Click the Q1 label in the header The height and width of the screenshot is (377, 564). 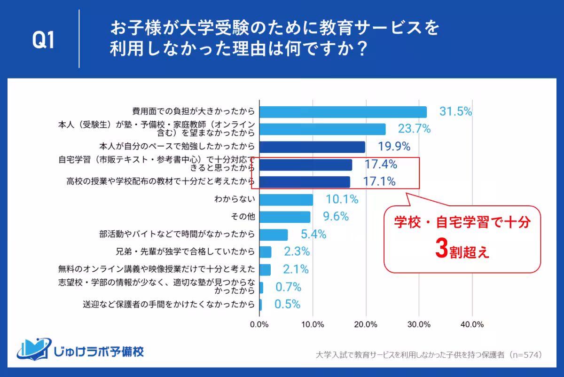tap(44, 41)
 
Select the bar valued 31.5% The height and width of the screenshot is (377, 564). tap(343, 112)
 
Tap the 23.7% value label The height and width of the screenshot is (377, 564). tap(414, 129)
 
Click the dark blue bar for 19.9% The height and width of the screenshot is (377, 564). tap(312, 147)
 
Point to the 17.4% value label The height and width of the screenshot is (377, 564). tap(381, 165)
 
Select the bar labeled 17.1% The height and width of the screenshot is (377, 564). tap(305, 182)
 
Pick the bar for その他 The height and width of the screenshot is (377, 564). tap(285, 217)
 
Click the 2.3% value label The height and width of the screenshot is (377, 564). tap(297, 251)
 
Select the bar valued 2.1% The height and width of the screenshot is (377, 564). tap(265, 269)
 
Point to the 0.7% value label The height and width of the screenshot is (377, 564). tap(288, 287)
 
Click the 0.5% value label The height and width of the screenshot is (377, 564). tap(287, 305)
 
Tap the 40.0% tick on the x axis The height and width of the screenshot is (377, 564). tap(472, 324)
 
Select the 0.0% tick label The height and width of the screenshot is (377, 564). tap(259, 324)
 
